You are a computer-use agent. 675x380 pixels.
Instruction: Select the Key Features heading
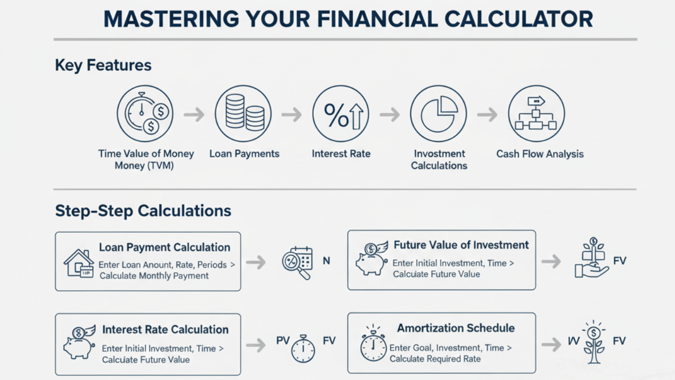coord(103,65)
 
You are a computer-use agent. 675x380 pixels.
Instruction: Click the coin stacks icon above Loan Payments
coord(243,113)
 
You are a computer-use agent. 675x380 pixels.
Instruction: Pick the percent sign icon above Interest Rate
coord(341,113)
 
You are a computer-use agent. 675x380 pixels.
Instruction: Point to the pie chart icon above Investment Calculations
coord(439,113)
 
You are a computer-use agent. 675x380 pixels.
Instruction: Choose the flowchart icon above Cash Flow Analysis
coord(536,113)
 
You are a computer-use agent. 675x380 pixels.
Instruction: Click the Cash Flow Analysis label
coord(539,154)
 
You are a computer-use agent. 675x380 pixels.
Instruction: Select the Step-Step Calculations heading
coord(143,211)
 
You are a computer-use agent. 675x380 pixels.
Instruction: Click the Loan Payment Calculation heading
coord(165,248)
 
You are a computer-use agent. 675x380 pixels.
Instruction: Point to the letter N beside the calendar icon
coord(326,261)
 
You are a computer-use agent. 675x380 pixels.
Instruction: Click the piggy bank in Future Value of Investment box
coord(371,259)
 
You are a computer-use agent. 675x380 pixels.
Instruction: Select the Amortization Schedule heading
coord(456,328)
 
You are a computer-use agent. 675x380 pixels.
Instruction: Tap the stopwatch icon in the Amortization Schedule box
coord(373,344)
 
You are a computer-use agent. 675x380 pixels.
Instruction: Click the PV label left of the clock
coord(284,341)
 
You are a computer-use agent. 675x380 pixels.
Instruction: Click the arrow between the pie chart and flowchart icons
coord(487,115)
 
